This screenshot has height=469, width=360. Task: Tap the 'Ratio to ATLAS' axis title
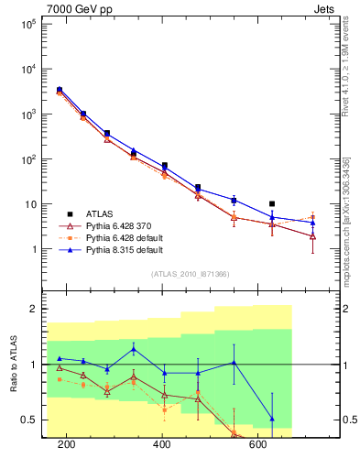tap(14, 365)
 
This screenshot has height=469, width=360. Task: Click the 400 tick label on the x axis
tap(163, 445)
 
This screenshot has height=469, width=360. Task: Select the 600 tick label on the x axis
tap(259, 445)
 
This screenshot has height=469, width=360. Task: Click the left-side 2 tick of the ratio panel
tap(34, 309)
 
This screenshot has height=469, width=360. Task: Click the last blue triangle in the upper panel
tap(312, 223)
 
